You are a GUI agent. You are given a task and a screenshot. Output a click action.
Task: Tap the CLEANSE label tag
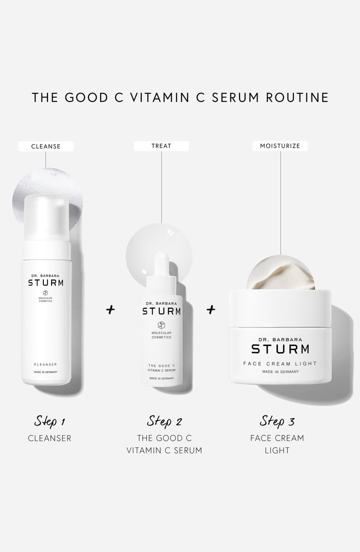pyautogui.click(x=46, y=146)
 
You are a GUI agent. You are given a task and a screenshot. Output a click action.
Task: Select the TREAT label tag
pyautogui.click(x=161, y=146)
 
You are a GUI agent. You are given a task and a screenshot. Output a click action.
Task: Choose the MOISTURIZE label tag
pyautogui.click(x=280, y=146)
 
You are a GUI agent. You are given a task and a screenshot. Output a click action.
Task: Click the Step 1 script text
pyautogui.click(x=49, y=421)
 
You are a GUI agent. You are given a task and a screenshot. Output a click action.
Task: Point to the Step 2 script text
pyautogui.click(x=164, y=421)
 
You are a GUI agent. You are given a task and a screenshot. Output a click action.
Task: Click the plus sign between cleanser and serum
pyautogui.click(x=110, y=310)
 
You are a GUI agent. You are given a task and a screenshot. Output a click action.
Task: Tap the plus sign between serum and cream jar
pyautogui.click(x=211, y=309)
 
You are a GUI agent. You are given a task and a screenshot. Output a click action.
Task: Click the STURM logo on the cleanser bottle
pyautogui.click(x=46, y=282)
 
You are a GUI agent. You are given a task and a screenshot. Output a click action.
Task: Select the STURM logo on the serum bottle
pyautogui.click(x=161, y=311)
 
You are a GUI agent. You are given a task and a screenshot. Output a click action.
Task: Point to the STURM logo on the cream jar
pyautogui.click(x=280, y=348)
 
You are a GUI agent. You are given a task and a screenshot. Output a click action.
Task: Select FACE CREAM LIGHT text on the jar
pyautogui.click(x=280, y=364)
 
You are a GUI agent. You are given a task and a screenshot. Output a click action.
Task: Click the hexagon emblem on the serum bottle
pyautogui.click(x=161, y=324)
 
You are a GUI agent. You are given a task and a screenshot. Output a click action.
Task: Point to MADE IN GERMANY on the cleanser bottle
pyautogui.click(x=46, y=372)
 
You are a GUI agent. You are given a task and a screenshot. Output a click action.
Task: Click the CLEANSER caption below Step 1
pyautogui.click(x=49, y=438)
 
